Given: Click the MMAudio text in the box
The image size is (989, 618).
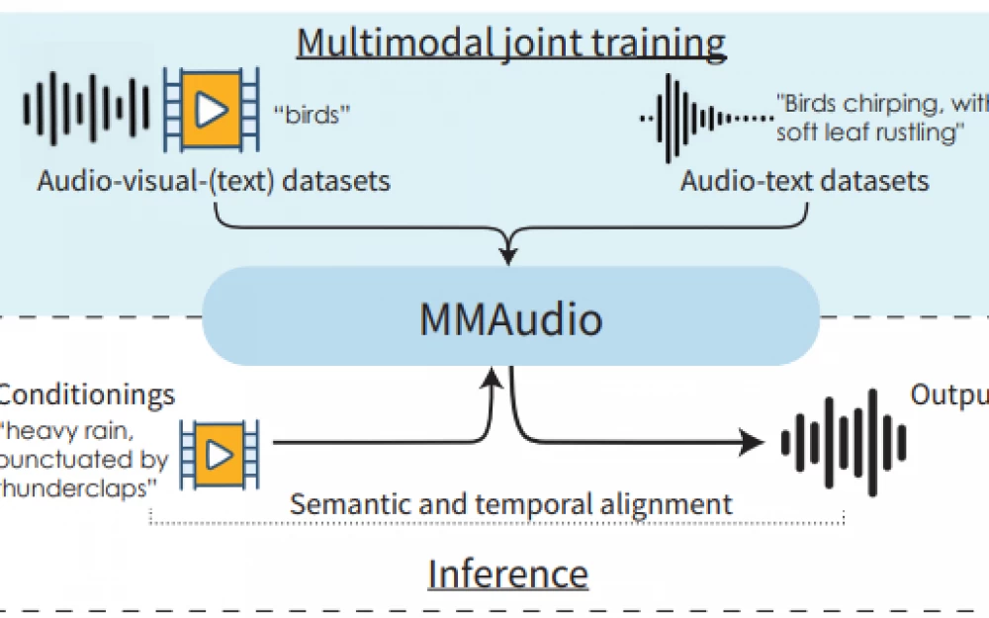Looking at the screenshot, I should [510, 319].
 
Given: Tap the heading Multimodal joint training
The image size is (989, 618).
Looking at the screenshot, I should [511, 43].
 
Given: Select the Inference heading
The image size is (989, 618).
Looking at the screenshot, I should [507, 574].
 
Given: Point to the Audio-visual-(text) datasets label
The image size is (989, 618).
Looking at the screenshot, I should [214, 181].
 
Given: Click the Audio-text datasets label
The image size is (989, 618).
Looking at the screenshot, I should [804, 181].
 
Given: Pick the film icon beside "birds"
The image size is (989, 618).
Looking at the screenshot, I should [211, 109].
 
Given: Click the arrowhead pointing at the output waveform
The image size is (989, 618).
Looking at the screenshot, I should [758, 442].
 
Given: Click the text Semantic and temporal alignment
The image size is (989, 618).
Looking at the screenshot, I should [510, 503].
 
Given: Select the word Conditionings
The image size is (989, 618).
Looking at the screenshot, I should [87, 396].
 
